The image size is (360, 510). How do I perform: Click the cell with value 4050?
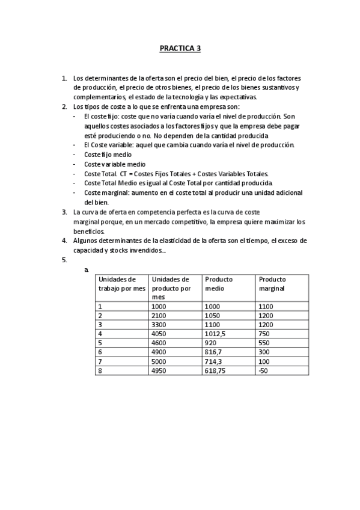click(159, 334)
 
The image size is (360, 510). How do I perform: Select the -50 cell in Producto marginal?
click(262, 371)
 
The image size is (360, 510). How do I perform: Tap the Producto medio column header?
click(219, 283)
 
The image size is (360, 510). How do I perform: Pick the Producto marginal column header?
click(272, 283)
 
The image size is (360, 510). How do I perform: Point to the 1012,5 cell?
click(216, 334)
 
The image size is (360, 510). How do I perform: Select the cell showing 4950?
click(159, 371)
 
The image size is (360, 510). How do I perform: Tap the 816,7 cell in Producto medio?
click(213, 352)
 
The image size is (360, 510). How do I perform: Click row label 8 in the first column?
click(100, 371)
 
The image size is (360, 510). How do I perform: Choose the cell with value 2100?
click(159, 315)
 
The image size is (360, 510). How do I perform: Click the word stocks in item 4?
click(123, 250)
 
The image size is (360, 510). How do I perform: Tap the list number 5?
click(64, 260)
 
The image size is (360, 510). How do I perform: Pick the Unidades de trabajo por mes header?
click(122, 283)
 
